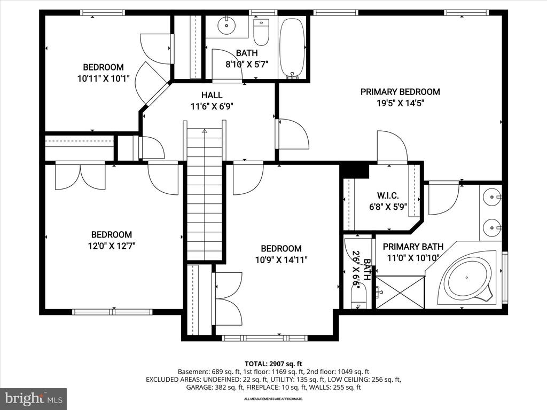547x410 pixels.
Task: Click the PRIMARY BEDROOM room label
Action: point(400,92)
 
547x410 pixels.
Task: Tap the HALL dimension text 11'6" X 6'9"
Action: point(212,106)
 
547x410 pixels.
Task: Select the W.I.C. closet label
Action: point(388,195)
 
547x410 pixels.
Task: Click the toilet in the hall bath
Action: point(261,33)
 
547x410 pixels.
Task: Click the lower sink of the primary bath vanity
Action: point(492,228)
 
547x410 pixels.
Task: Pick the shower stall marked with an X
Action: point(400,292)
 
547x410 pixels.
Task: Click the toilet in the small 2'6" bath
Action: point(358,296)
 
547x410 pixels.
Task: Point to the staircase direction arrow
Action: point(205,131)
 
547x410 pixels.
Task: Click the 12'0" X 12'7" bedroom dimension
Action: point(112,246)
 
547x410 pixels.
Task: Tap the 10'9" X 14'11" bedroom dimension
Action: point(282,260)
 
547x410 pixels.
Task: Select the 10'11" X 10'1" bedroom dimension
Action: point(103,78)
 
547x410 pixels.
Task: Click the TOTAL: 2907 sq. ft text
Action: point(273,364)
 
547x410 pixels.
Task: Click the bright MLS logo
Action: point(34,398)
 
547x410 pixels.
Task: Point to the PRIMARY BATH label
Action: point(413,247)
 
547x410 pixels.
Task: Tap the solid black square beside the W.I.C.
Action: point(355,170)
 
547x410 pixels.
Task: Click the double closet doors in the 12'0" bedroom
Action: point(80,177)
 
